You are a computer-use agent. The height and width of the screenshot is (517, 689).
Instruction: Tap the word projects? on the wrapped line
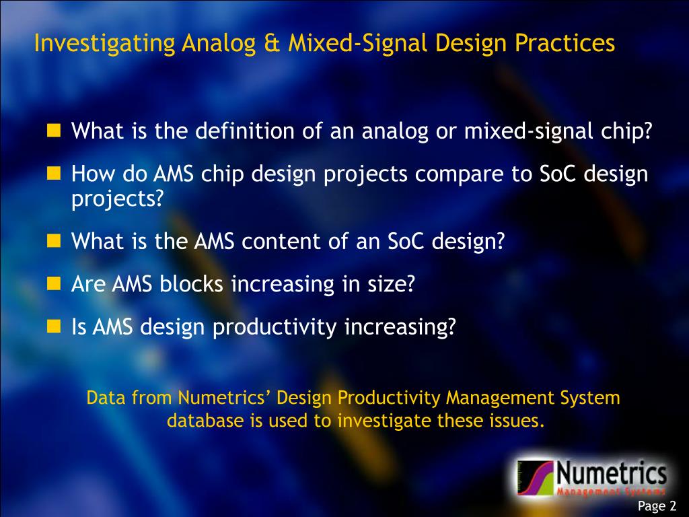click(x=118, y=199)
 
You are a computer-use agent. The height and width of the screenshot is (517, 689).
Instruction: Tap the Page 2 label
click(x=657, y=506)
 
